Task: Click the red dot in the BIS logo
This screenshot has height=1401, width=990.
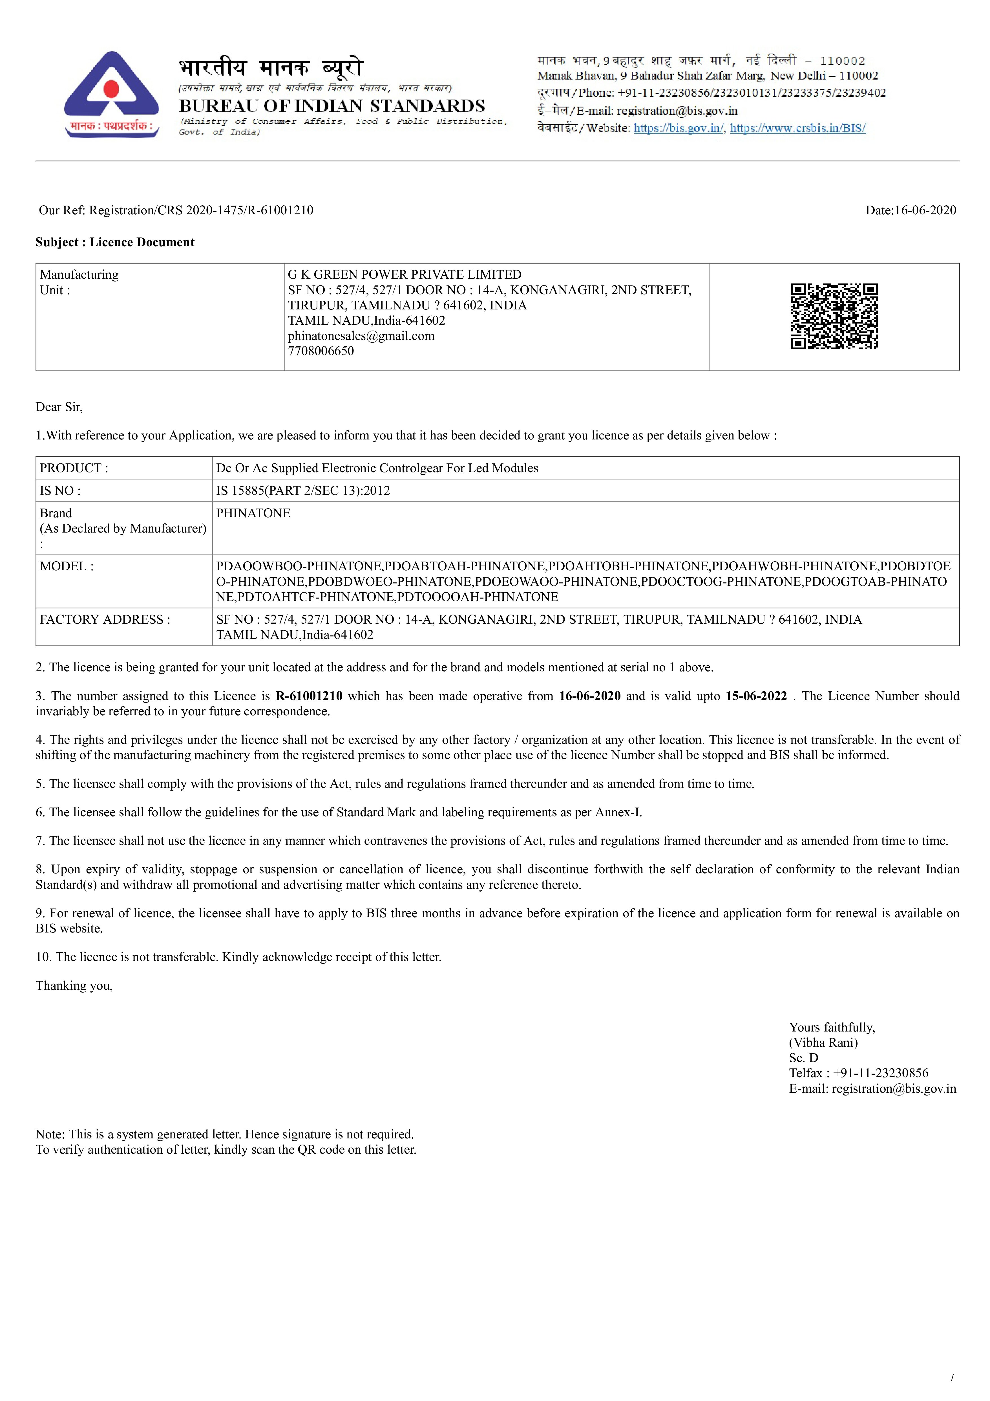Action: coord(111,89)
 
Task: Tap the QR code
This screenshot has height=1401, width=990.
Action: coord(834,316)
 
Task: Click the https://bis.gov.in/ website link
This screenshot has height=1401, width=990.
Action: coord(678,128)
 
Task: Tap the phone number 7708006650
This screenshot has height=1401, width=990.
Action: coord(321,351)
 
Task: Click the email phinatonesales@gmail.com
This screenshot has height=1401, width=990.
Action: coord(361,336)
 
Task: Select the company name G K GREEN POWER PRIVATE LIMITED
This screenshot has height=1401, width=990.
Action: coord(405,274)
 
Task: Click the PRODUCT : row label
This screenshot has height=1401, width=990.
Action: coord(74,468)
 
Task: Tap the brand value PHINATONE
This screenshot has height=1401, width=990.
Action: coord(253,513)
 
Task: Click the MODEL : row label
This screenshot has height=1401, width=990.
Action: coord(67,566)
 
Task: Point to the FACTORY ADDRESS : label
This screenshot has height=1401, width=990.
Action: coord(105,619)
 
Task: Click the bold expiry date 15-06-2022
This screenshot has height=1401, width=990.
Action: coord(756,696)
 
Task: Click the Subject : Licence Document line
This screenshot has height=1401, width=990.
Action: coord(115,242)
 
